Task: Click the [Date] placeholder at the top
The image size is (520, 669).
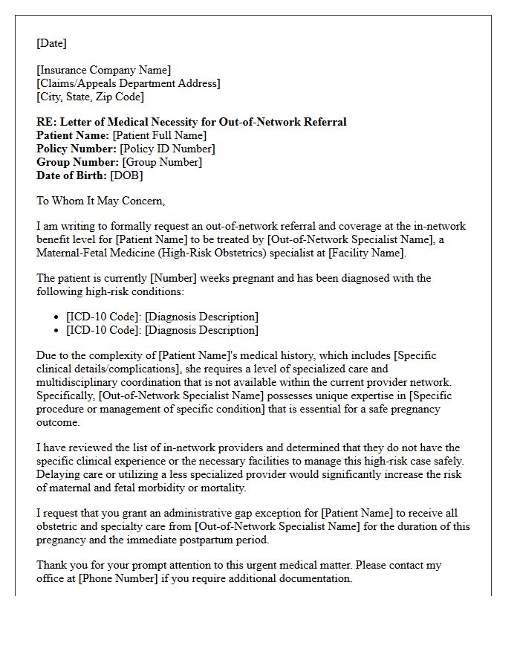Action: point(51,43)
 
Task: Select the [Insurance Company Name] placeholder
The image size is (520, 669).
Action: point(103,70)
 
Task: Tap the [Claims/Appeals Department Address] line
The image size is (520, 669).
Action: point(128,83)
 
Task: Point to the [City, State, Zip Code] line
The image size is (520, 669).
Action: point(90,97)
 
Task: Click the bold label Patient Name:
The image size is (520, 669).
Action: point(73,135)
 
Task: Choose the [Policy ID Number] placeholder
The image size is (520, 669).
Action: point(168,149)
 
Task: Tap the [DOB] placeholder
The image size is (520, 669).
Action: point(127,175)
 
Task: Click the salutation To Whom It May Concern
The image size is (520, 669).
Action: point(100,201)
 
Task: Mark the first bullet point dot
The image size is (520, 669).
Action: point(58,317)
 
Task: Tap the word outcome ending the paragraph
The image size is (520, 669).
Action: point(58,422)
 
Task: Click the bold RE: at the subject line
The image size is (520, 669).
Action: point(46,122)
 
